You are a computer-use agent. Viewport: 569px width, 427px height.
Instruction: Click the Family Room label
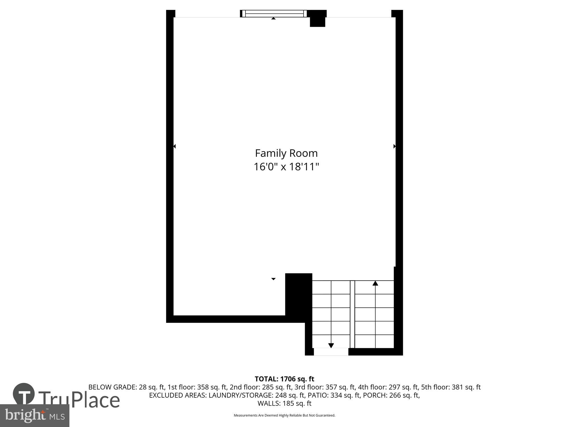click(x=286, y=153)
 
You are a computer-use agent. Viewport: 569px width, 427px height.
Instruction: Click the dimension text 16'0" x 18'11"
click(x=286, y=167)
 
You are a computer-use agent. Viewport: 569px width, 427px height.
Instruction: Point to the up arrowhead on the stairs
click(x=375, y=283)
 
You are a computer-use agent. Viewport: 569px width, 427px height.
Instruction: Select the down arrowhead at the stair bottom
click(x=331, y=345)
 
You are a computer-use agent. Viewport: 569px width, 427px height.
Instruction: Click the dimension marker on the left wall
click(x=174, y=146)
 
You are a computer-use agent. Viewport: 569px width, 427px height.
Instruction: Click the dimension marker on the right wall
click(x=394, y=146)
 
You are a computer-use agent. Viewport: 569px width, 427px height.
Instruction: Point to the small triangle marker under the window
click(x=273, y=19)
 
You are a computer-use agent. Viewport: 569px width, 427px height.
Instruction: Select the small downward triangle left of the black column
click(x=273, y=279)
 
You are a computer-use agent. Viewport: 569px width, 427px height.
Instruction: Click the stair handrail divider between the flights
click(x=352, y=314)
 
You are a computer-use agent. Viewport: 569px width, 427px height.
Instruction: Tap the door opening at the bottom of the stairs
click(x=331, y=352)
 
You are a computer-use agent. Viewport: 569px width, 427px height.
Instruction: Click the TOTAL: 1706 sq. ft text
click(x=284, y=379)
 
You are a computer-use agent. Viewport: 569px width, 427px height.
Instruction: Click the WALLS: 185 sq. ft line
click(x=284, y=403)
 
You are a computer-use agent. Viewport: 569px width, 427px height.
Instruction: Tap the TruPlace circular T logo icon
click(x=24, y=394)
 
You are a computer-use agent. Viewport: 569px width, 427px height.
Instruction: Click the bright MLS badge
click(x=34, y=416)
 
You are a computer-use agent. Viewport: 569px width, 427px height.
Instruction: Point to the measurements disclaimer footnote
click(x=284, y=415)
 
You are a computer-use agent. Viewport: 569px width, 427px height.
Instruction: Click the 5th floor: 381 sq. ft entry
click(x=451, y=387)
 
